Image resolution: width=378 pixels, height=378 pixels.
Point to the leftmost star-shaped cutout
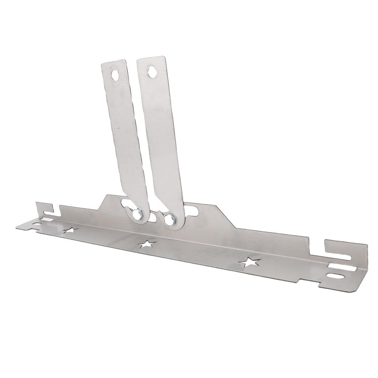point(71,231)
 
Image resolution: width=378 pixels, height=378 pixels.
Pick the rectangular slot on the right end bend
point(337,265)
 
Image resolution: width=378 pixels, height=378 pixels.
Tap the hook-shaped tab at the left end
point(44,207)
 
